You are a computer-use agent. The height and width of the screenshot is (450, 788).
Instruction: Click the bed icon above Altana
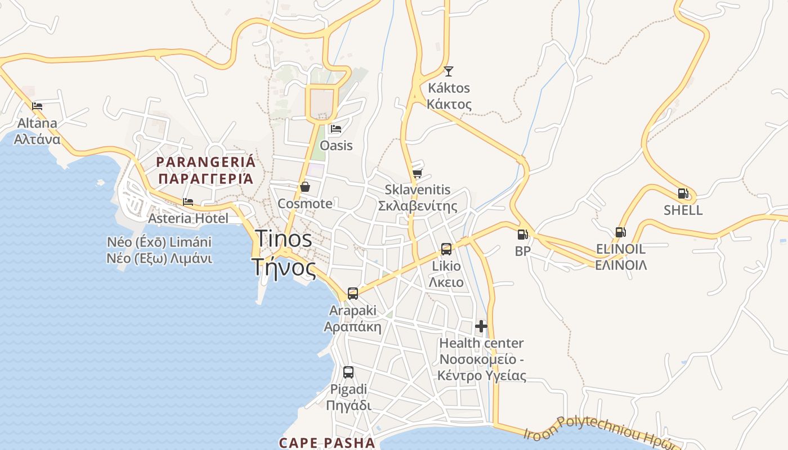(37, 105)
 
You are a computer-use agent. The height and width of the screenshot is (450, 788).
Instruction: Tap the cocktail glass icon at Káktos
(449, 71)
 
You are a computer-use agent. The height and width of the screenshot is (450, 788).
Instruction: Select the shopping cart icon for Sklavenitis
(417, 173)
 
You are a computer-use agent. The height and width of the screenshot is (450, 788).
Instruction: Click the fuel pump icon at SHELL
(683, 193)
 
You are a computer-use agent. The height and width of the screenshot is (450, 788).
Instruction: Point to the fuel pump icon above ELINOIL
(620, 232)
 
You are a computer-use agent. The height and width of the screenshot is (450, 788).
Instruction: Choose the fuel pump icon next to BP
(522, 234)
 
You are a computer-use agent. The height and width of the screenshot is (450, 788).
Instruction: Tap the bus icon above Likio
(446, 249)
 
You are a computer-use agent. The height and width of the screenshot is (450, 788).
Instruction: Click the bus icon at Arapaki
(353, 293)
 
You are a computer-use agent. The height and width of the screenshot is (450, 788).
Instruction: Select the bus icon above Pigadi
(348, 372)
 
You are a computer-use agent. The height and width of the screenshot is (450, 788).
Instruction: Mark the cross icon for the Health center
(481, 326)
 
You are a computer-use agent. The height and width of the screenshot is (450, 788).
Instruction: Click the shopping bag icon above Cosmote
(305, 187)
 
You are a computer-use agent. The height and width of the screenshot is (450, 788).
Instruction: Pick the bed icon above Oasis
(336, 129)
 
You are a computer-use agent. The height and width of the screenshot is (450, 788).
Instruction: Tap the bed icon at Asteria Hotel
(188, 201)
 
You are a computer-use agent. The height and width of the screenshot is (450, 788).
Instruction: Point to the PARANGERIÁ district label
(205, 162)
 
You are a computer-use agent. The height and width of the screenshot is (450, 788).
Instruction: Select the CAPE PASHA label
(327, 443)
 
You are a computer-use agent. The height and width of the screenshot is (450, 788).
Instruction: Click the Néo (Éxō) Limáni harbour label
(159, 242)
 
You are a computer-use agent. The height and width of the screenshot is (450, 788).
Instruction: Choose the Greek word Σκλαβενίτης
(417, 206)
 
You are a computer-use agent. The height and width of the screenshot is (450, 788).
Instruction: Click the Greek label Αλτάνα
(37, 139)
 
